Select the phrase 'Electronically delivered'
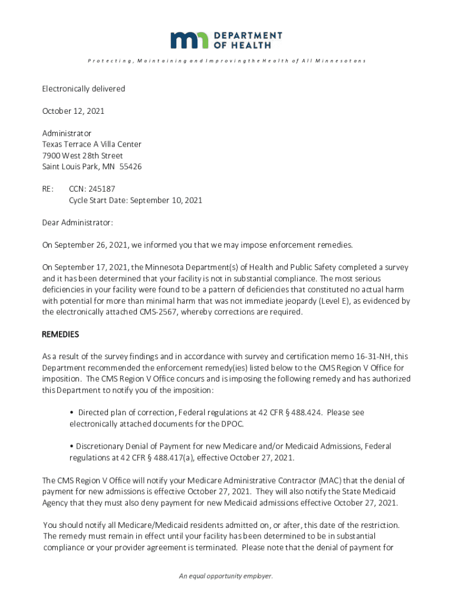(x=83, y=88)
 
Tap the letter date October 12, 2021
(x=73, y=111)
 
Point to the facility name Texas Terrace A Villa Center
(x=91, y=145)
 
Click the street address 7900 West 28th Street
(x=83, y=156)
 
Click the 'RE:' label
(x=48, y=189)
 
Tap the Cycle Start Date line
(x=135, y=201)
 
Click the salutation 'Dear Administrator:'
(x=77, y=222)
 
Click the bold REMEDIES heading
(x=60, y=334)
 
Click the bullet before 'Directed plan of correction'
(x=71, y=413)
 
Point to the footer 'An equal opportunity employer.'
(x=226, y=576)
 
